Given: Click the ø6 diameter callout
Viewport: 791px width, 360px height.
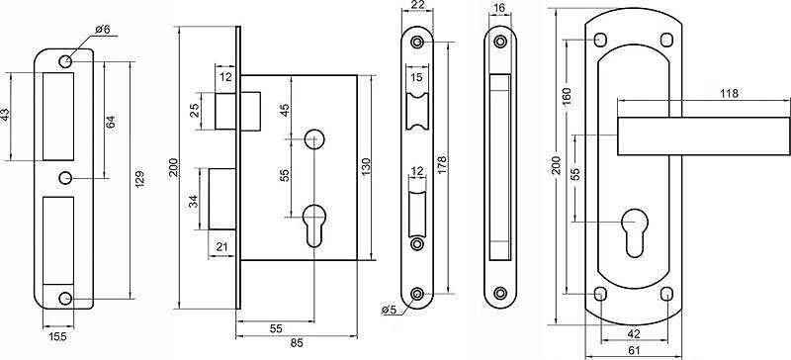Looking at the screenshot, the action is (x=103, y=30).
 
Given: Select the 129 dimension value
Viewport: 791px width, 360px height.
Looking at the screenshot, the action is (x=140, y=180).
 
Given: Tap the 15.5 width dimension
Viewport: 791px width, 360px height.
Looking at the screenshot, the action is (x=57, y=337).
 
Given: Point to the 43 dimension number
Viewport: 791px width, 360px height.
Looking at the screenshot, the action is (x=6, y=116).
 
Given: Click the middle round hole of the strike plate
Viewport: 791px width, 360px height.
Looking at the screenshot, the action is (x=64, y=178).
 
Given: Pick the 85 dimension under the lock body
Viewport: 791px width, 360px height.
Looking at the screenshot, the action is (x=297, y=343).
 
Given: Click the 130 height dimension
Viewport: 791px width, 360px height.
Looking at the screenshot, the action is (x=366, y=167).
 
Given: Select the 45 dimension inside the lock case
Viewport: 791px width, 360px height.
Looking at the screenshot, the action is (x=285, y=110).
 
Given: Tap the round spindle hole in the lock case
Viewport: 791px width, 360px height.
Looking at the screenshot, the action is (x=313, y=138).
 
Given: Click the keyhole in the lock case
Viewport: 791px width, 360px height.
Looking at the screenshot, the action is (x=314, y=225).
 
